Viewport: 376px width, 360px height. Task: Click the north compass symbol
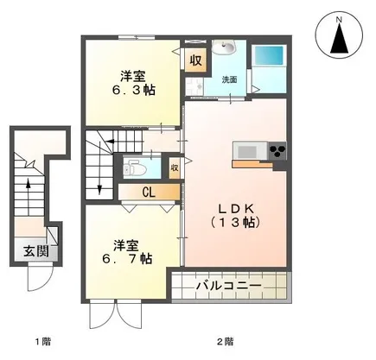tap(340, 39)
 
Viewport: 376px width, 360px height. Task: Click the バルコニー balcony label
tap(231, 284)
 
